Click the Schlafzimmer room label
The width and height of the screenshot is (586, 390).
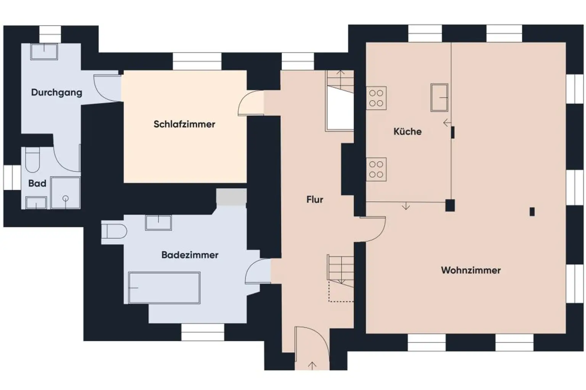[x=184, y=124]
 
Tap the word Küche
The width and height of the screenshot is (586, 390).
[x=407, y=132]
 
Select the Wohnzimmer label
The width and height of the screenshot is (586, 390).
[x=471, y=270]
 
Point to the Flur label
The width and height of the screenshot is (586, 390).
[x=315, y=199]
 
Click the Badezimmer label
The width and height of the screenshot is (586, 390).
[x=190, y=255]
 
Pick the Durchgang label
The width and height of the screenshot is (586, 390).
[x=56, y=92]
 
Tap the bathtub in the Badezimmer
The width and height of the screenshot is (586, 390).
[x=164, y=287]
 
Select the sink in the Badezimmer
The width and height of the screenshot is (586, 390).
[x=158, y=222]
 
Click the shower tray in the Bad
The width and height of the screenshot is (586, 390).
[x=66, y=193]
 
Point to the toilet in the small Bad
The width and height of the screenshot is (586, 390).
[x=32, y=160]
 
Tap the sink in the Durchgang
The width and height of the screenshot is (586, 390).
[x=44, y=51]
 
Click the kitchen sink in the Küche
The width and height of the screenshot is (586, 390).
[x=439, y=98]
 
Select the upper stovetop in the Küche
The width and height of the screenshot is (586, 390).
[x=376, y=98]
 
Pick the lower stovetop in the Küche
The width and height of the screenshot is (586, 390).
[x=376, y=169]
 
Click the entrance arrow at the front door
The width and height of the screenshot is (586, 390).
[x=312, y=365]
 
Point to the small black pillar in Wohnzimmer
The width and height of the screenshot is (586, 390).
[x=532, y=211]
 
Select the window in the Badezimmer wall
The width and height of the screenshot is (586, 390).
[x=202, y=332]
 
